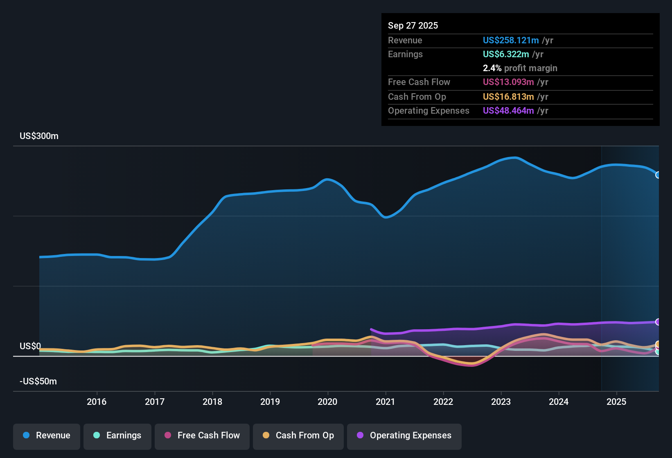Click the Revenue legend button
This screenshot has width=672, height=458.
pyautogui.click(x=47, y=436)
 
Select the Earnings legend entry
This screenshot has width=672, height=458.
pyautogui.click(x=117, y=436)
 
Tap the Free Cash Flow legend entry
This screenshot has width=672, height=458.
pyautogui.click(x=202, y=436)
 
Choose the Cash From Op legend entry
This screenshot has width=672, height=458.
pyautogui.click(x=298, y=436)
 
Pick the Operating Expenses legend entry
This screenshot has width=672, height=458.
pyautogui.click(x=404, y=436)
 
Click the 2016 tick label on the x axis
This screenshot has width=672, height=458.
pyautogui.click(x=97, y=402)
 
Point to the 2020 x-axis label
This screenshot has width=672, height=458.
pyautogui.click(x=327, y=402)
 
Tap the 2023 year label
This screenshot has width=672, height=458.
pyautogui.click(x=501, y=402)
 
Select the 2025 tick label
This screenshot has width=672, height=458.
pyautogui.click(x=616, y=402)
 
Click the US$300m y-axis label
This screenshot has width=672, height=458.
pyautogui.click(x=39, y=136)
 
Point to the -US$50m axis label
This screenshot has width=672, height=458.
pyautogui.click(x=38, y=382)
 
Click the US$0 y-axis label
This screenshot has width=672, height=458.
pyautogui.click(x=30, y=346)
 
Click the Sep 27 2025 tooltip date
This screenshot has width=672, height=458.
pyautogui.click(x=413, y=26)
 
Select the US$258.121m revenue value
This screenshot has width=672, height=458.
pyautogui.click(x=511, y=40)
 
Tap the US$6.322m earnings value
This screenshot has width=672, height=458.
pyautogui.click(x=506, y=54)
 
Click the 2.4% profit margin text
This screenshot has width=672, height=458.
pyautogui.click(x=520, y=68)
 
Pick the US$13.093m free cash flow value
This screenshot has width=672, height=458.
pyautogui.click(x=508, y=82)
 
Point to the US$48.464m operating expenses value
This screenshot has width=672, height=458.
pyautogui.click(x=508, y=111)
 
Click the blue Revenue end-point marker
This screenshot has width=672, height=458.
pyautogui.click(x=658, y=175)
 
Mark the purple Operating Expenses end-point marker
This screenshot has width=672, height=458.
pyautogui.click(x=658, y=322)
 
